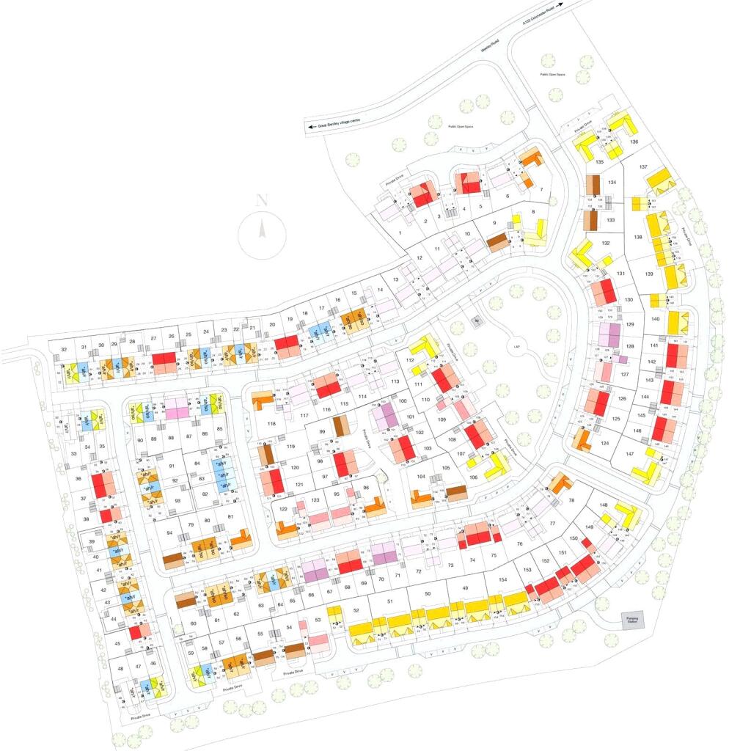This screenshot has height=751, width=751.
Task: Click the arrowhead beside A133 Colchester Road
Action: [x=560, y=4]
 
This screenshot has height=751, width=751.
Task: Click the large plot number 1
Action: [x=400, y=232]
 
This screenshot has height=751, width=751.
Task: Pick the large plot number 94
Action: [x=169, y=532]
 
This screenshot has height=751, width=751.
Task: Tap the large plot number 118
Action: [x=271, y=424]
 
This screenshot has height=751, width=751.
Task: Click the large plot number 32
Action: [x=65, y=348]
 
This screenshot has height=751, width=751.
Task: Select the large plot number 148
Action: [x=603, y=505]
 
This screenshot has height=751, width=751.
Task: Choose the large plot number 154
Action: [x=502, y=580]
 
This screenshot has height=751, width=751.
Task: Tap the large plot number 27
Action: [x=153, y=338]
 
